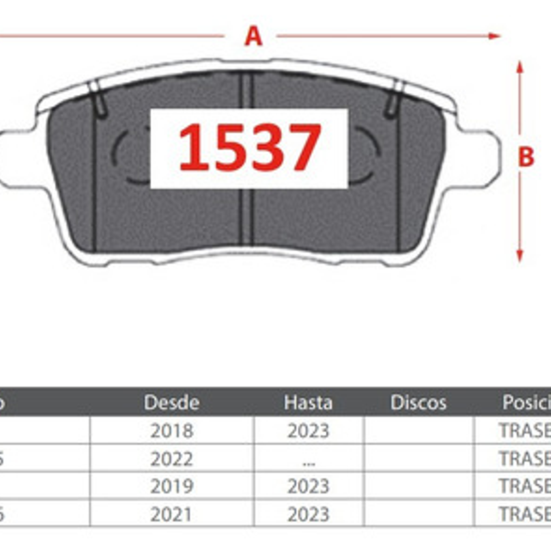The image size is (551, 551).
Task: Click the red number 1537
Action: (249, 147)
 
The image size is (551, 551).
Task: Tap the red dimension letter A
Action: (253, 36)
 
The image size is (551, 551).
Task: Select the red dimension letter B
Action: (526, 157)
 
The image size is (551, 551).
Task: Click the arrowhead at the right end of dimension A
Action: (495, 36)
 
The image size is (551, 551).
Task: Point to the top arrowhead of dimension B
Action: (520, 67)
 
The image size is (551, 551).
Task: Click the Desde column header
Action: (172, 402)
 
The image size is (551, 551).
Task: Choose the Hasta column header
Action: (308, 402)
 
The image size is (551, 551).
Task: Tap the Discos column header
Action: (418, 402)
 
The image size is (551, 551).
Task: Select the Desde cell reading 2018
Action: (172, 431)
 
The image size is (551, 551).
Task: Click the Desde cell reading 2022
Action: (172, 459)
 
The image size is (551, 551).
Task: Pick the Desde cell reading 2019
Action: (172, 486)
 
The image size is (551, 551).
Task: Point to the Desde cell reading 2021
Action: (172, 514)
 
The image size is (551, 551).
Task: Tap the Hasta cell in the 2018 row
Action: (308, 431)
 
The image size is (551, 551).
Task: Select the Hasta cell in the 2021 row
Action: (308, 514)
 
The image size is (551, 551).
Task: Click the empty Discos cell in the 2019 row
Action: (419, 486)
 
